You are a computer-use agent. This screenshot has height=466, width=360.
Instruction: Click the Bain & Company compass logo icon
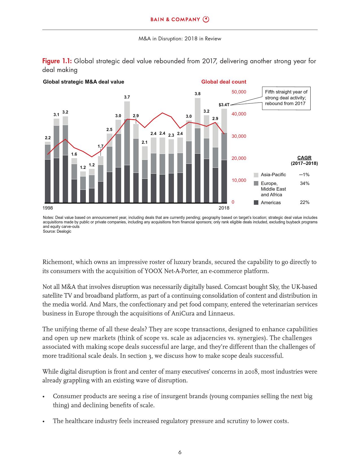click(206, 19)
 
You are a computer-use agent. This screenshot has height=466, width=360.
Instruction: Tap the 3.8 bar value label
click(198, 94)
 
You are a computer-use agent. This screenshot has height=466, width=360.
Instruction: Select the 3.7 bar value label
click(127, 97)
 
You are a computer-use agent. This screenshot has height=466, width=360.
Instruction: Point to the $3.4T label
click(224, 105)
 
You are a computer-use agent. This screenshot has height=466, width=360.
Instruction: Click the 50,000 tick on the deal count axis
click(239, 92)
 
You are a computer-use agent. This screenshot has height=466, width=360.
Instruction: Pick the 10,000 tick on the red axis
click(239, 180)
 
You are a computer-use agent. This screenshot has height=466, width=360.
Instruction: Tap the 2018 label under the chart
click(224, 208)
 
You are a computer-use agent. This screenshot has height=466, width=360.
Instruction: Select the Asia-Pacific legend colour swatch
click(256, 175)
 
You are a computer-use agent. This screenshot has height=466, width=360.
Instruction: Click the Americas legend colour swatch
click(256, 202)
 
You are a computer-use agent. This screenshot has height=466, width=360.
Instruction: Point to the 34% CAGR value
click(305, 184)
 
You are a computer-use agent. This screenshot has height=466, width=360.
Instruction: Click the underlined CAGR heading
click(304, 158)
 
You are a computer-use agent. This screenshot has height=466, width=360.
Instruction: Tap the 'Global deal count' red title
click(224, 82)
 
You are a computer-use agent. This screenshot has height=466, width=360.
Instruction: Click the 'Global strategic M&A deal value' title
click(84, 82)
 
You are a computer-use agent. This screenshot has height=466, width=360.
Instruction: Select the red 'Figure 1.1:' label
click(57, 61)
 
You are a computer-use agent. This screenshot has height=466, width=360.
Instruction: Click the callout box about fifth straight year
click(286, 98)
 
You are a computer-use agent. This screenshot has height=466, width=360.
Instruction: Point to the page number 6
click(180, 452)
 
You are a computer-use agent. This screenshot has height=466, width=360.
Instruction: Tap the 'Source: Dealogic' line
click(57, 232)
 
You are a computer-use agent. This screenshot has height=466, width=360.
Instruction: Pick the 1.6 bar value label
click(74, 154)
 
